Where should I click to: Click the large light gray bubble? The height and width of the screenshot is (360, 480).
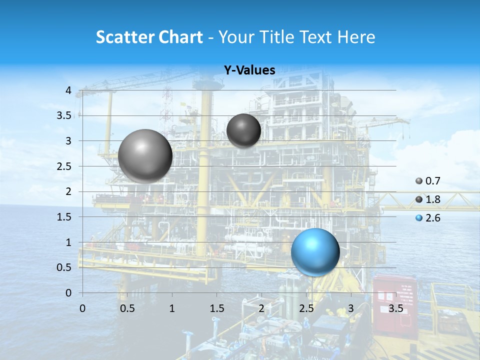pyautogui.click(x=145, y=155)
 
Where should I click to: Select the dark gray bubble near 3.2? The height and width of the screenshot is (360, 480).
pyautogui.click(x=243, y=130)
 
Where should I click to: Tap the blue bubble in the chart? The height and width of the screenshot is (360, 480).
pyautogui.click(x=315, y=251)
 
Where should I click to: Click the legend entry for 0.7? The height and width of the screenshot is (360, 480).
pyautogui.click(x=428, y=181)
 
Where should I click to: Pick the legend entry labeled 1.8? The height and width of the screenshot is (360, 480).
pyautogui.click(x=428, y=199)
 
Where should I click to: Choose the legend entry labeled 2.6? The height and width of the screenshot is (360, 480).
pyautogui.click(x=428, y=218)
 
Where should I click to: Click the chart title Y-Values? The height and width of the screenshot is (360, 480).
pyautogui.click(x=249, y=70)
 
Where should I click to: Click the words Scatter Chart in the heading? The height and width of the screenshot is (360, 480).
pyautogui.click(x=149, y=36)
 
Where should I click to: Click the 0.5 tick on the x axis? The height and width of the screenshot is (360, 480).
pyautogui.click(x=127, y=308)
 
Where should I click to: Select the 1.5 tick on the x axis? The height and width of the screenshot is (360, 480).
pyautogui.click(x=217, y=308)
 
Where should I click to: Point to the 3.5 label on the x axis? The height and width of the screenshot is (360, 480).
pyautogui.click(x=395, y=308)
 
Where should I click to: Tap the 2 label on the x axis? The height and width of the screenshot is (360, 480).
pyautogui.click(x=261, y=308)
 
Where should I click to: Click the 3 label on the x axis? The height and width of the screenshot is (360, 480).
pyautogui.click(x=351, y=308)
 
